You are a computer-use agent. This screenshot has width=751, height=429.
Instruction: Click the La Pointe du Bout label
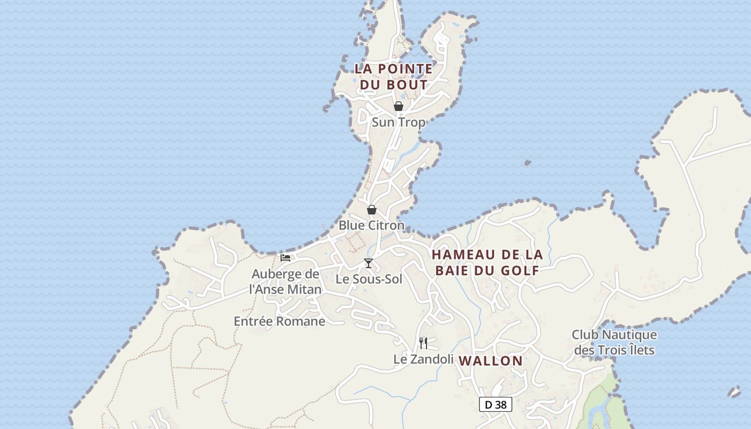[x=394, y=77]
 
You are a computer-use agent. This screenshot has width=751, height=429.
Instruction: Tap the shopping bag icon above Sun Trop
[x=399, y=106]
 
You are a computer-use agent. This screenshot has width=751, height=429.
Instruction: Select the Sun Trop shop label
[x=399, y=122]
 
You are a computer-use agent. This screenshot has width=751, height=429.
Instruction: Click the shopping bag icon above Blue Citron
[x=371, y=209]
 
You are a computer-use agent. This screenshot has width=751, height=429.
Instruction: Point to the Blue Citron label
[x=371, y=225]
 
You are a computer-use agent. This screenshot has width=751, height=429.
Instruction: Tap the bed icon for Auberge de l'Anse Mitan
[x=285, y=258]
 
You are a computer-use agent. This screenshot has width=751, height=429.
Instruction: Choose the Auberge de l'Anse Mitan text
[x=286, y=282]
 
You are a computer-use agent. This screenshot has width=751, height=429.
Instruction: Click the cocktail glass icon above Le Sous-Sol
[x=369, y=263]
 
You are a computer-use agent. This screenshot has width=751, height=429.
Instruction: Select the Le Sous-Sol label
[x=369, y=279]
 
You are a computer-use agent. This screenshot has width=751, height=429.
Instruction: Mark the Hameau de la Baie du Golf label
[x=487, y=262]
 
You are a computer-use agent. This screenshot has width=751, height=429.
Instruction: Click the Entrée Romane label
[x=279, y=321]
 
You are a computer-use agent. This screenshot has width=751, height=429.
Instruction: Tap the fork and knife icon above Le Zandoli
[x=423, y=343]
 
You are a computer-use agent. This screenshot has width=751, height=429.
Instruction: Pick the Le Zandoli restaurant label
[x=423, y=359]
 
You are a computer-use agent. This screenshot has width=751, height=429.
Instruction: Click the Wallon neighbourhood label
[x=491, y=361]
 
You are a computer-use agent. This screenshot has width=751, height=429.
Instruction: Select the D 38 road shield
[x=495, y=404]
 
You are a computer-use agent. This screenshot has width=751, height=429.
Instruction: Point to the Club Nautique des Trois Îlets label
[x=614, y=343]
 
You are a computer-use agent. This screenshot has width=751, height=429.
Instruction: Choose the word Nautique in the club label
[x=629, y=335]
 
